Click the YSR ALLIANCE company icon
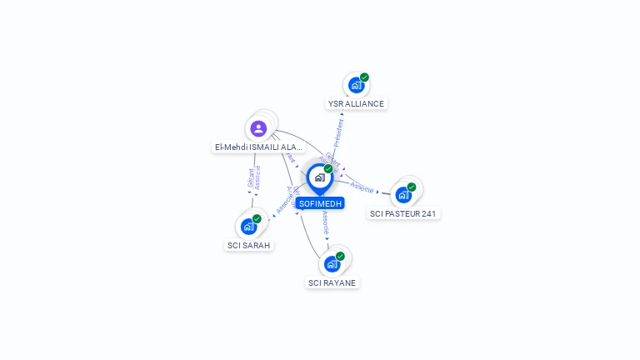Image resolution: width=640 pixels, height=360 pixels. (x=356, y=85)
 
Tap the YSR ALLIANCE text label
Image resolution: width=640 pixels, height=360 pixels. (x=356, y=104)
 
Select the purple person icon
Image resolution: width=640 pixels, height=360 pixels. (x=258, y=128)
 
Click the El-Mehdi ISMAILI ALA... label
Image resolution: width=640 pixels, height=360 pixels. (x=258, y=147)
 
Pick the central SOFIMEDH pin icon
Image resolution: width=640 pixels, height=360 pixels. (x=319, y=177)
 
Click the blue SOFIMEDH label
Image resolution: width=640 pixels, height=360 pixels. (x=320, y=203)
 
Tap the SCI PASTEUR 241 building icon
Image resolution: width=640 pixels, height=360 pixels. (x=403, y=195)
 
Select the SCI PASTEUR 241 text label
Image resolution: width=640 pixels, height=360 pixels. (x=404, y=213)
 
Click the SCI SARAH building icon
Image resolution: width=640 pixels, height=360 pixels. (x=248, y=226)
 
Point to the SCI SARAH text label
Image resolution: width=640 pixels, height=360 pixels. (x=249, y=245)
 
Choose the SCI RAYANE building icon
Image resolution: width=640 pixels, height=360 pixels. (x=332, y=264)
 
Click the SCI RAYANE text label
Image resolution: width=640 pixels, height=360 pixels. (x=332, y=282)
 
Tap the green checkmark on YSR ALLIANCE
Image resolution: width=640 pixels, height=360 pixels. (x=364, y=77)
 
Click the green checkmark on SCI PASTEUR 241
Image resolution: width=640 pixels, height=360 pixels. (x=412, y=187)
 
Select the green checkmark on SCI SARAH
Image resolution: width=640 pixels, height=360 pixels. (x=257, y=218)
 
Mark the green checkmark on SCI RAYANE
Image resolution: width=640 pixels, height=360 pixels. (x=340, y=256)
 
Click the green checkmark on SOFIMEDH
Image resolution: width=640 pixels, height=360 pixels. (x=328, y=168)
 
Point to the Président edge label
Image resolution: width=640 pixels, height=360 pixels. (x=338, y=132)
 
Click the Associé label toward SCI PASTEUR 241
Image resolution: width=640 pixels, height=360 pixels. (x=362, y=187)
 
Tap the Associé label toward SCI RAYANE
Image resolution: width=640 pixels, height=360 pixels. (x=326, y=222)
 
